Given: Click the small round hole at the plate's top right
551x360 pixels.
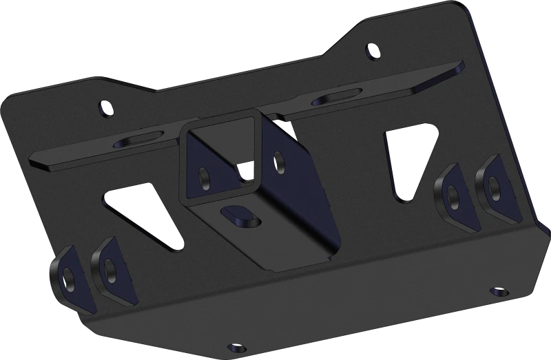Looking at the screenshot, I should coord(373,50).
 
